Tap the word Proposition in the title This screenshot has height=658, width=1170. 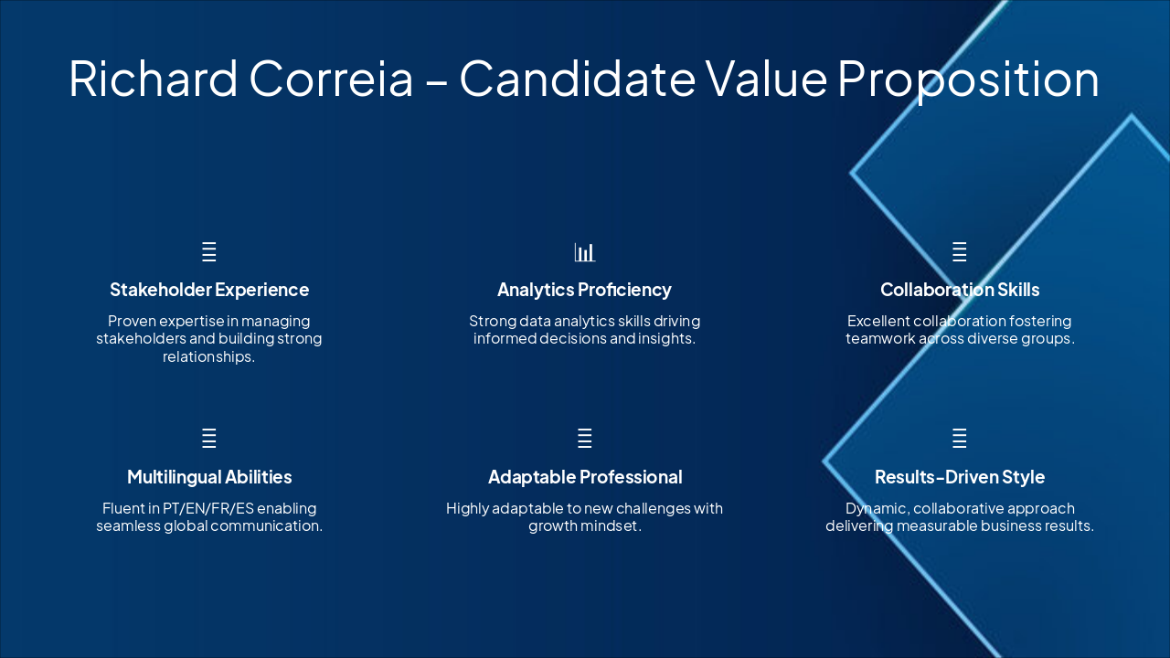968,79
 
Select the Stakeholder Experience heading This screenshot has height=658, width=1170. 209,290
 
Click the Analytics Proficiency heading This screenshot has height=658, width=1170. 584,290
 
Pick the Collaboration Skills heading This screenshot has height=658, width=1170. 960,290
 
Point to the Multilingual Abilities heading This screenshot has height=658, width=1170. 209,477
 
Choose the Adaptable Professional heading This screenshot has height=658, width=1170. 585,477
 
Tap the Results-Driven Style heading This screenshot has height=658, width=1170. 960,477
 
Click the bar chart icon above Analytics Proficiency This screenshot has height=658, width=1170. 585,252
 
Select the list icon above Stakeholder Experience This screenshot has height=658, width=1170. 209,252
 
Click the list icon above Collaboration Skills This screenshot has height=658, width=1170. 960,252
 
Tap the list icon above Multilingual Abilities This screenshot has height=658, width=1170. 209,439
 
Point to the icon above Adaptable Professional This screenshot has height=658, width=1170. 585,439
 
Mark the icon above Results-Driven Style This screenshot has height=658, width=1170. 960,439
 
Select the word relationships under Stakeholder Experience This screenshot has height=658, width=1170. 208,356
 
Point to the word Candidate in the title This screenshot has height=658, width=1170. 577,79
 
